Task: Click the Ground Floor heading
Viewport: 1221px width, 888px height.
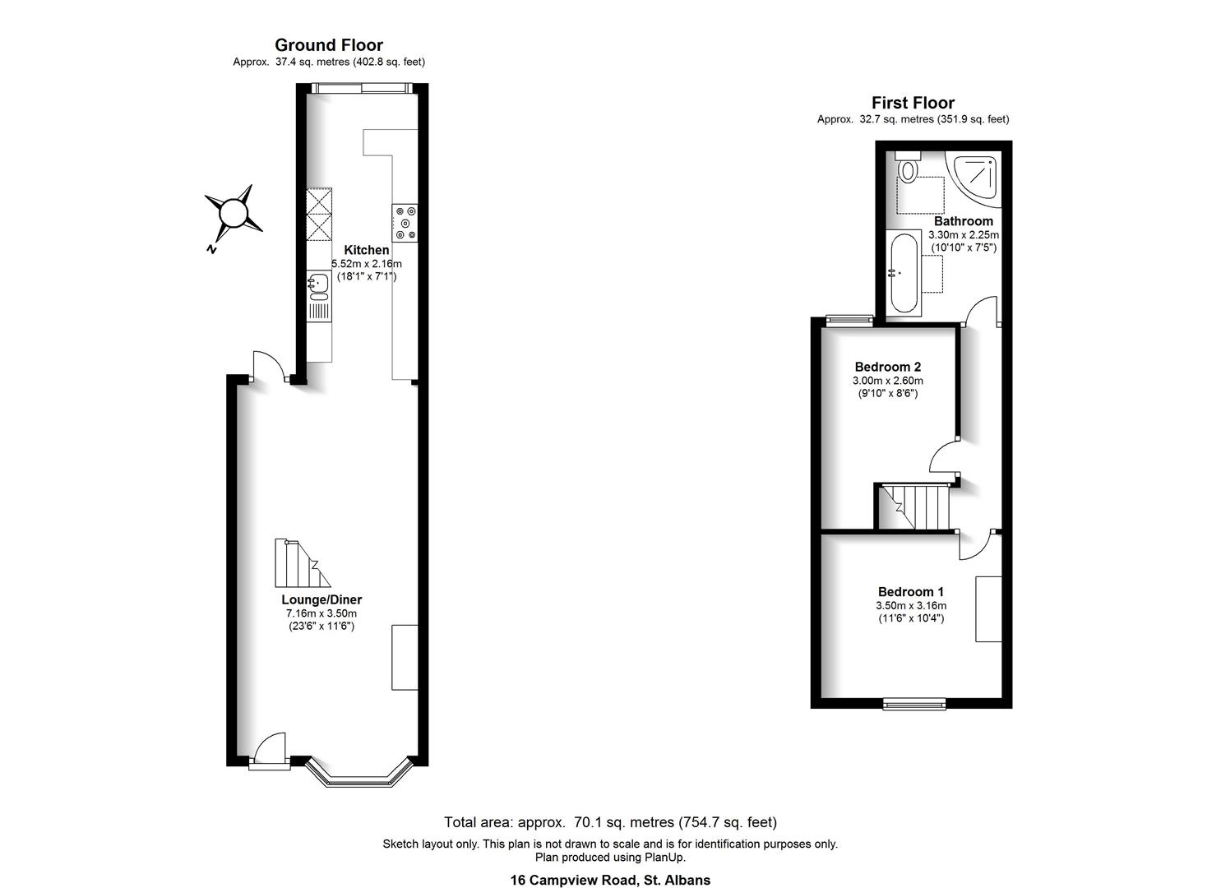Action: [x=328, y=45]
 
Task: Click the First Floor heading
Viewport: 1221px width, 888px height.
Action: [x=913, y=103]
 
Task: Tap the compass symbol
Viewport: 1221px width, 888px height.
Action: [x=234, y=214]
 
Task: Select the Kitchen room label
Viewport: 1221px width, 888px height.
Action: [x=366, y=250]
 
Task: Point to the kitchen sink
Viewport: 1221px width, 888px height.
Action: [x=319, y=284]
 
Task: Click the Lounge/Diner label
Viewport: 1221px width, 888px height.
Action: [x=321, y=600]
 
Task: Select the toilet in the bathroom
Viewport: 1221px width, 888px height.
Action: [x=908, y=169]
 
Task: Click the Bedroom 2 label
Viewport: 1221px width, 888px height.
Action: [x=887, y=367]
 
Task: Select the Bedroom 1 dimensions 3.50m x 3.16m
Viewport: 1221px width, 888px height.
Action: [x=910, y=606]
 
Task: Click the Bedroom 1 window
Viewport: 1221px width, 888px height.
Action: [x=914, y=703]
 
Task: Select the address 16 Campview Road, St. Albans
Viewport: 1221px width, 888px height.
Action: [x=610, y=880]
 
